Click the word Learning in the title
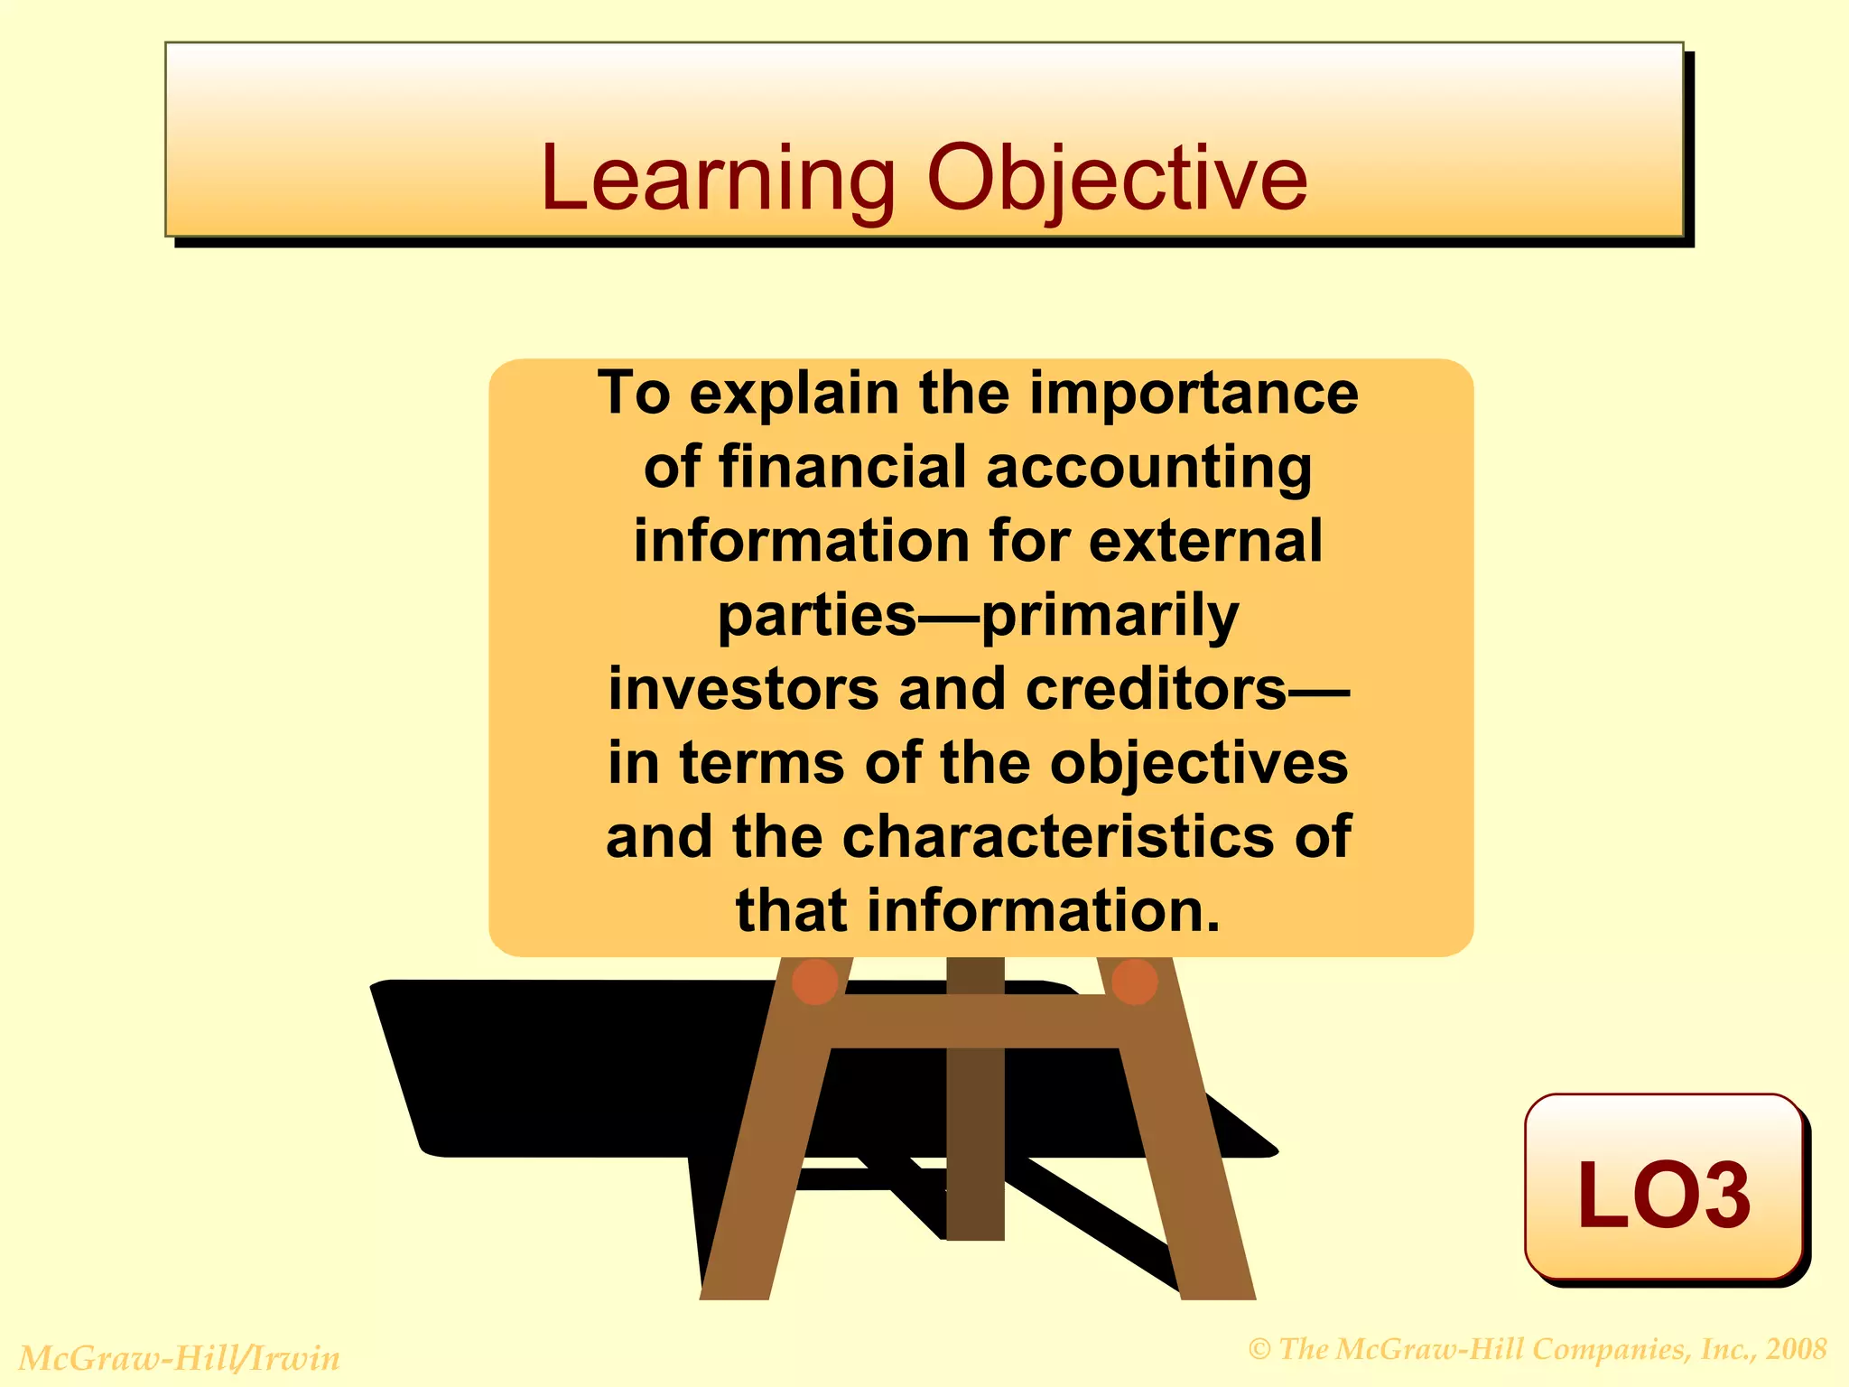point(718,179)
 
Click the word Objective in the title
point(1117,179)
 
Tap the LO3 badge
point(1663,1192)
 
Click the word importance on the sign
point(1194,394)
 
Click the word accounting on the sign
point(1148,468)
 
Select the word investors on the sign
point(742,689)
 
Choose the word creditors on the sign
point(1156,689)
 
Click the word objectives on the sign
point(1198,763)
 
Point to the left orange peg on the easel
point(814,982)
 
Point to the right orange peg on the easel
point(1134,982)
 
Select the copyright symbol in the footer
point(1260,1350)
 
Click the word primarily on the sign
point(1110,616)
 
